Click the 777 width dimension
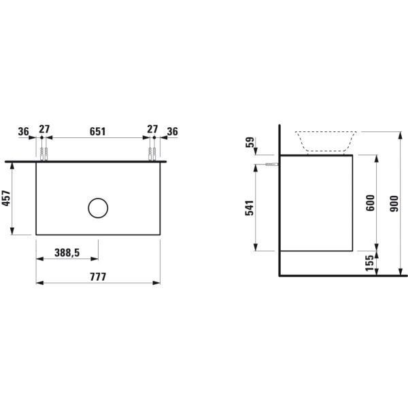coord(98,277)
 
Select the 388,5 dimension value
coord(67,253)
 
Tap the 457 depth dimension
coord(6,199)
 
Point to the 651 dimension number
coord(97,132)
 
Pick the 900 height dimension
coord(394,204)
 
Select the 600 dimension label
coord(370,203)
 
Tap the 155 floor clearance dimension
coord(369,263)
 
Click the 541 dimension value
coord(250,208)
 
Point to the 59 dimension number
coord(250,142)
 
